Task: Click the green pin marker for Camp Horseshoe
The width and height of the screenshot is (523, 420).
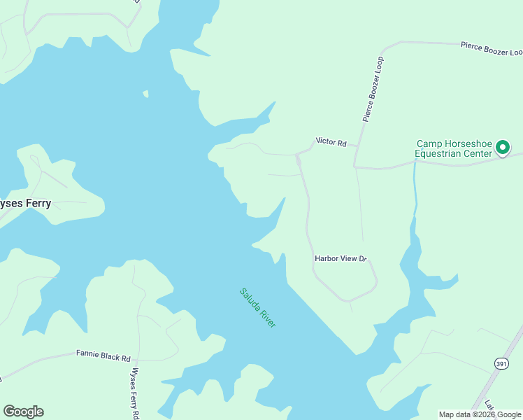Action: click(x=502, y=148)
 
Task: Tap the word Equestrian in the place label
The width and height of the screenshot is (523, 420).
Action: click(x=440, y=153)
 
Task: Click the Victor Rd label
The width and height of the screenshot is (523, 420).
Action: click(x=331, y=142)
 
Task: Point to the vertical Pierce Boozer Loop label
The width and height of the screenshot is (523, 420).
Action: click(x=373, y=86)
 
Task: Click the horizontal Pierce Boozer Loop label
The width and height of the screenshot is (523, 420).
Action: click(x=491, y=48)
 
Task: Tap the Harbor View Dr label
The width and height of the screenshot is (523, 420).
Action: click(x=341, y=258)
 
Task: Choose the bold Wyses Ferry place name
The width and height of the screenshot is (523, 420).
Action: click(x=24, y=203)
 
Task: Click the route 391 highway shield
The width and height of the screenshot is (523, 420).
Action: click(x=501, y=363)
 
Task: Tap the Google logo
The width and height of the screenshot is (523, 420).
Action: click(x=23, y=411)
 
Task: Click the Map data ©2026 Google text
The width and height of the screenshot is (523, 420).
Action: click(x=480, y=414)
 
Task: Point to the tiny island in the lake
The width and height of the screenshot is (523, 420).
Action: click(x=145, y=93)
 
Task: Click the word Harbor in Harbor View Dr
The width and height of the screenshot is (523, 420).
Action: click(x=328, y=258)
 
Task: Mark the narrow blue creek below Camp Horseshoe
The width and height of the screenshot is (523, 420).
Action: click(x=415, y=196)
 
